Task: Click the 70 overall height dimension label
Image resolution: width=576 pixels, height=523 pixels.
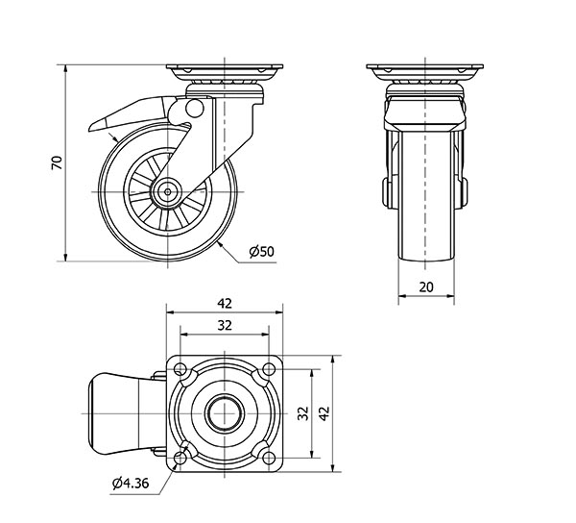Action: click(x=57, y=163)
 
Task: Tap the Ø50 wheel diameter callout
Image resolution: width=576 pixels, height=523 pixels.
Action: click(x=261, y=252)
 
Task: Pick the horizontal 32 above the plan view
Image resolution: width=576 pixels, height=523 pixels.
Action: click(x=226, y=326)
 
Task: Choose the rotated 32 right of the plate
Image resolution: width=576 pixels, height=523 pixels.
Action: click(x=303, y=414)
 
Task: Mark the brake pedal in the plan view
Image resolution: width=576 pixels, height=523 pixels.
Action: click(x=115, y=414)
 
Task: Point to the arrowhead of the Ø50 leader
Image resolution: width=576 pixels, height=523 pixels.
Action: click(x=220, y=243)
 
